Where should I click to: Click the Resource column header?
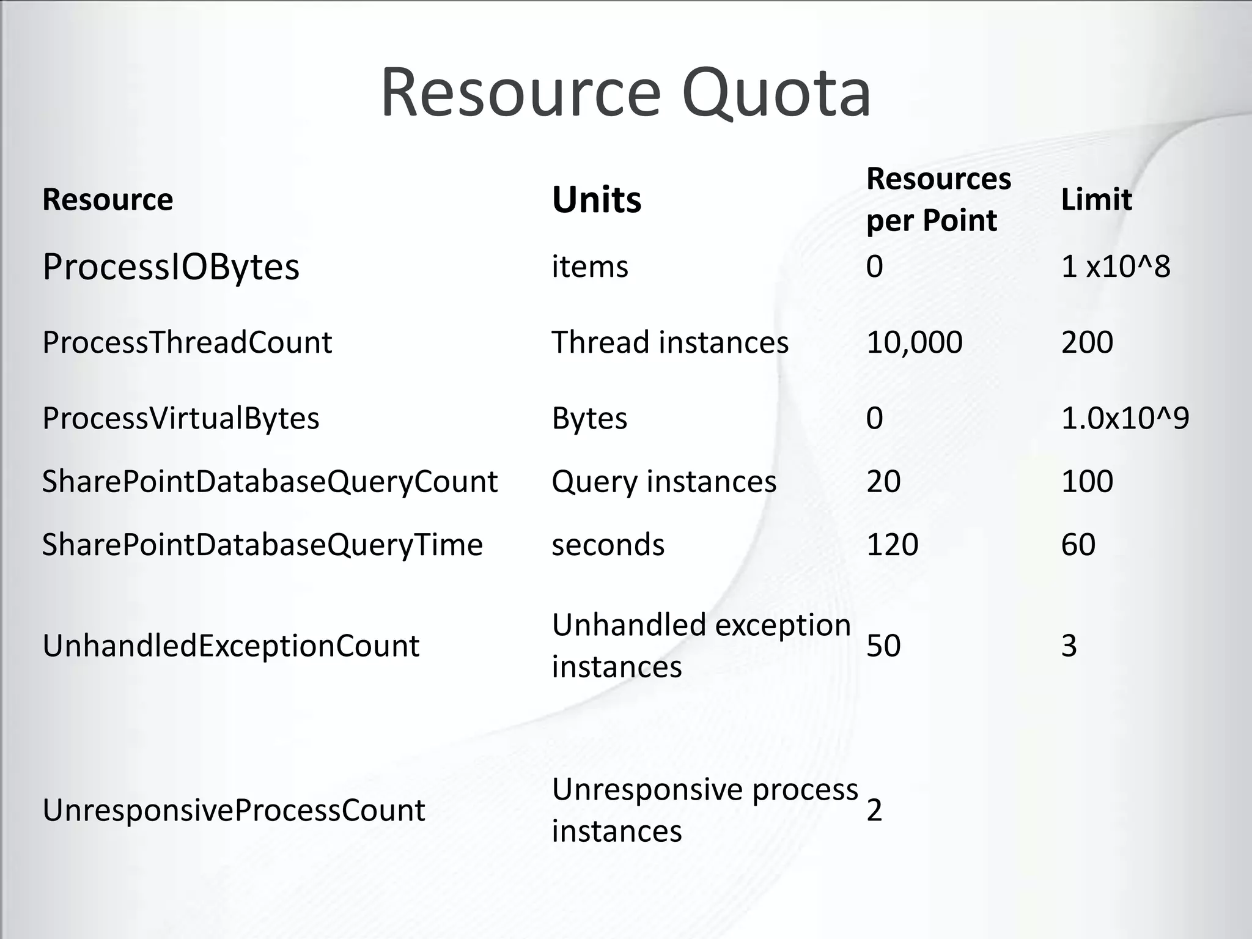coord(108,200)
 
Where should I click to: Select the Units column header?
coord(597,200)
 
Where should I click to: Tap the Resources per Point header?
coord(938,200)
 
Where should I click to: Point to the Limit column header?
coord(1096,200)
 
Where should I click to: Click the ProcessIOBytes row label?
coord(171,267)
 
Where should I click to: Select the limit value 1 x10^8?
coord(1115,267)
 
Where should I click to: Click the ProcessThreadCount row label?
coord(186,342)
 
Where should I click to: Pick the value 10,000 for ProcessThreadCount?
coord(914,342)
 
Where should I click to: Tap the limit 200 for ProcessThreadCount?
coord(1087,342)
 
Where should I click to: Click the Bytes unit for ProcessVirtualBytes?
coord(589,419)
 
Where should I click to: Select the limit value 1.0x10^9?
coord(1125,419)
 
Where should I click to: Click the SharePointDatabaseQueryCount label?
coord(270,482)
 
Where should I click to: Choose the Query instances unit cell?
coord(664,482)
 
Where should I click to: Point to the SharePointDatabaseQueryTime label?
coord(262,545)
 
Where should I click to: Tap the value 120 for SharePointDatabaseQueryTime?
coord(892,545)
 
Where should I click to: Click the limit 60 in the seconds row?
coord(1078,545)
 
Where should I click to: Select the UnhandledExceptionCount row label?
coord(230,646)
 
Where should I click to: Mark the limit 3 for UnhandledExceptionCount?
coord(1069,646)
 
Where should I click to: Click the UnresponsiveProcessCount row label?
coord(233,811)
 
